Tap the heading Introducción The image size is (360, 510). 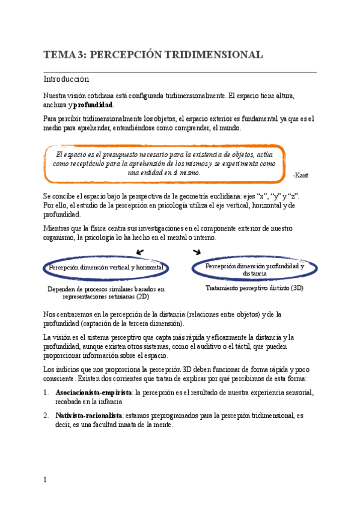click(x=66, y=79)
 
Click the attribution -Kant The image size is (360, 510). click(x=300, y=175)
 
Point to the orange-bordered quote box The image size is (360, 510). click(x=165, y=163)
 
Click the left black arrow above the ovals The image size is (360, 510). click(x=140, y=252)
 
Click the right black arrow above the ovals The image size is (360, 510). click(x=196, y=252)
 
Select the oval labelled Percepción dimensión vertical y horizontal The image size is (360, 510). click(x=106, y=267)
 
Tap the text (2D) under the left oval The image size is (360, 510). click(x=143, y=296)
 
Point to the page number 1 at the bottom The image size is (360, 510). click(x=45, y=479)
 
